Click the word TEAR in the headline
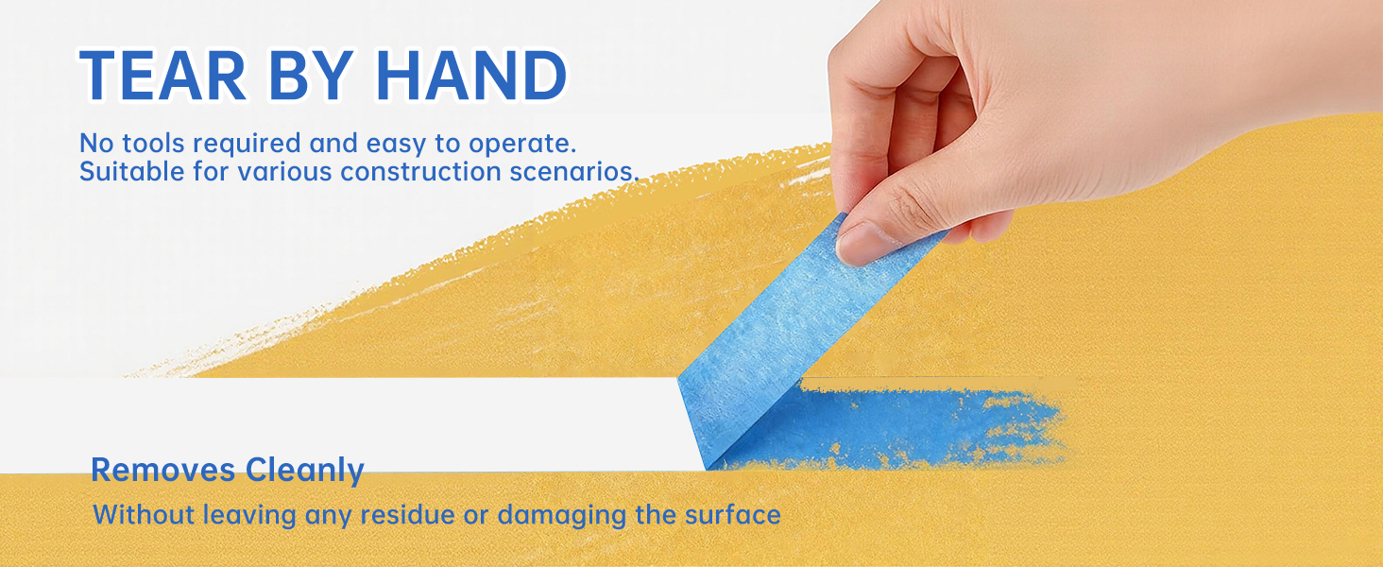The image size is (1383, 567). click(x=163, y=75)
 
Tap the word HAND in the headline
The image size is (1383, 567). click(x=470, y=75)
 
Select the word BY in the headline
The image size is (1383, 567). click(x=311, y=75)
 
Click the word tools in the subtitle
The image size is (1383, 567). click(x=153, y=144)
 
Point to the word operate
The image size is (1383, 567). click(x=522, y=145)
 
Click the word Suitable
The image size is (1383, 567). click(x=131, y=171)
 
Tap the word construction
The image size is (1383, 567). click(x=421, y=172)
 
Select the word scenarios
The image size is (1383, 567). click(x=574, y=172)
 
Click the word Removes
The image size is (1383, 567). click(x=163, y=470)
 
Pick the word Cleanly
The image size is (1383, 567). click(x=305, y=472)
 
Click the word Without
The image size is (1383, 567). click(x=144, y=514)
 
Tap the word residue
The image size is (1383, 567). click(x=407, y=514)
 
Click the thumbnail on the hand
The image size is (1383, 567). click(x=862, y=242)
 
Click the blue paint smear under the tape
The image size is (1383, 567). click(x=896, y=427)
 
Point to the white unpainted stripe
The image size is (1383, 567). click(x=346, y=425)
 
